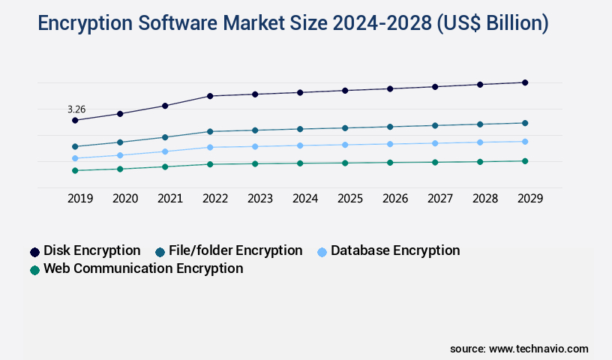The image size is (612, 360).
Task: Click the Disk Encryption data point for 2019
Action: click(x=75, y=120)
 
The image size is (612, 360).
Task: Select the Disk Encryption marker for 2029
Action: click(x=525, y=82)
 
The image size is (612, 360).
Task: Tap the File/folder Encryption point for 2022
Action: click(x=210, y=132)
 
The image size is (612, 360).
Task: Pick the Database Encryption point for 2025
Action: click(x=345, y=145)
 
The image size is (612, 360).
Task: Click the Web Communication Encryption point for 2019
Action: click(x=75, y=170)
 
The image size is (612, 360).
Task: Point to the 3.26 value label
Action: click(x=76, y=109)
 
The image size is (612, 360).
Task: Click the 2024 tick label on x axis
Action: click(x=305, y=199)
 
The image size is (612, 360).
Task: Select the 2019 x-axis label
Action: click(x=80, y=199)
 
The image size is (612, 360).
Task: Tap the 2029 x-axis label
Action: click(x=530, y=199)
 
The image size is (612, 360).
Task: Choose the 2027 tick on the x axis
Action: click(x=440, y=199)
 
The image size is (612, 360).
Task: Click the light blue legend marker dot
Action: click(x=322, y=252)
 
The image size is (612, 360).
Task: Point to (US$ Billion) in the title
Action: click(x=490, y=23)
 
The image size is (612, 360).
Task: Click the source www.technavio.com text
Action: click(x=519, y=349)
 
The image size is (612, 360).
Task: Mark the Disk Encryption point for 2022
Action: click(x=210, y=96)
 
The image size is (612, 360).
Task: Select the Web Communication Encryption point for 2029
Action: click(x=525, y=161)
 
